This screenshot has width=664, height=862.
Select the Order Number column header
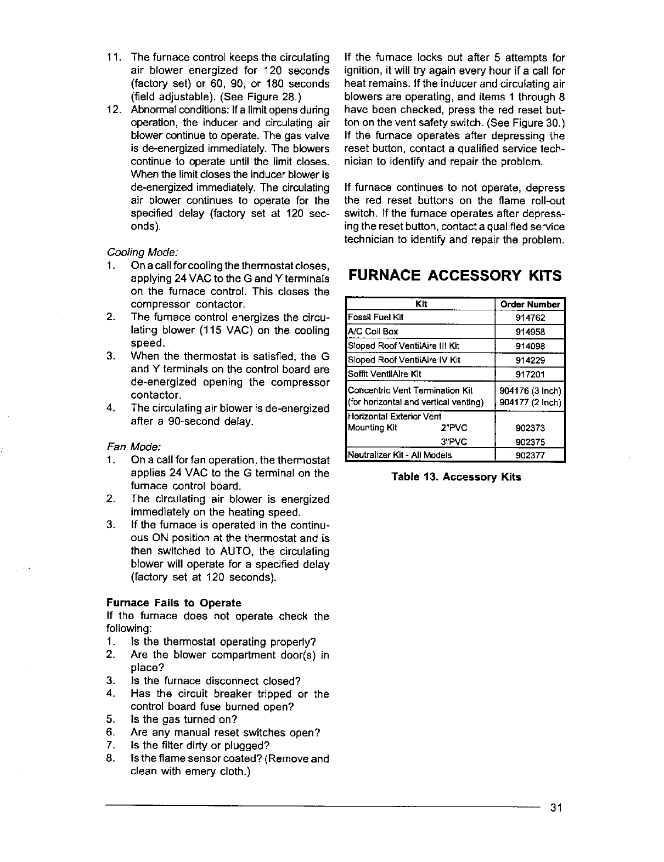click(x=530, y=304)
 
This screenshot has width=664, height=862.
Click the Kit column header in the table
click(x=421, y=304)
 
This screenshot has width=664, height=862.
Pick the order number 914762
click(x=530, y=317)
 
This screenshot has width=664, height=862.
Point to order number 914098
click(x=530, y=346)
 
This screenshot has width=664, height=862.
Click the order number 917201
click(x=530, y=375)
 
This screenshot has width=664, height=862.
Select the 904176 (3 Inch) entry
click(x=530, y=391)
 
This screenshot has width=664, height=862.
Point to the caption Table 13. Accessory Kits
click(x=456, y=477)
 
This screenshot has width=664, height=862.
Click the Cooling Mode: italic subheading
click(x=142, y=252)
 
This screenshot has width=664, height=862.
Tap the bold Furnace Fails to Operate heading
click(x=173, y=603)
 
